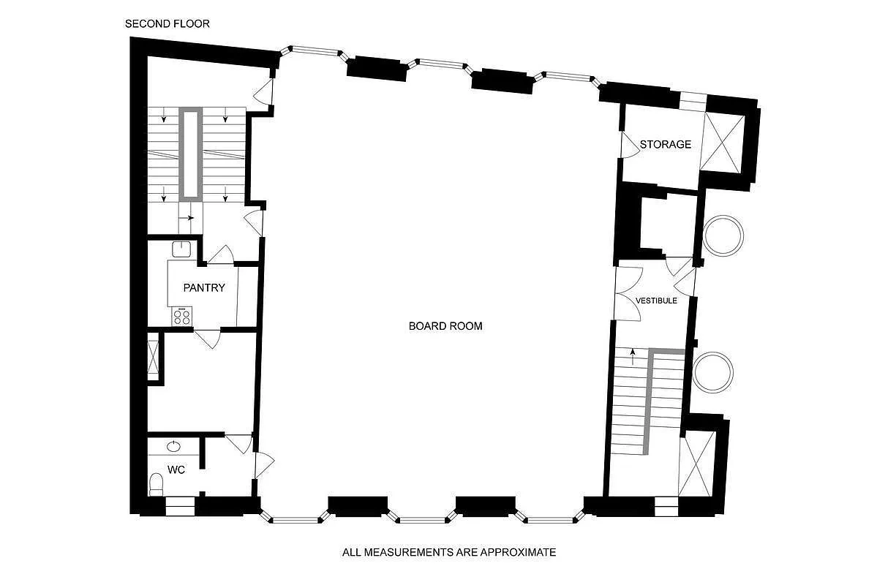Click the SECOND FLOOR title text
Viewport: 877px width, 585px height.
168,23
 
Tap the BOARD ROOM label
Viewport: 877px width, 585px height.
445,326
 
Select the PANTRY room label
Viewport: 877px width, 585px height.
204,288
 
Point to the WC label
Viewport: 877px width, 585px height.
176,470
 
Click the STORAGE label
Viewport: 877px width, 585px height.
665,144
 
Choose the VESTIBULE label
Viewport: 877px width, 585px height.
656,301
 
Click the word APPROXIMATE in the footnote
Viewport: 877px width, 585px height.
519,552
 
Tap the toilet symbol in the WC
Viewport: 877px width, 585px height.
156,483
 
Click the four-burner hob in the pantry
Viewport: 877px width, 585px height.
181,317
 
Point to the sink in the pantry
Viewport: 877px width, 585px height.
181,249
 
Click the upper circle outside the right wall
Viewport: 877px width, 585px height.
723,235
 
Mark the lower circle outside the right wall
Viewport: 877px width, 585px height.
712,371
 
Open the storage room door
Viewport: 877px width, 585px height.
628,144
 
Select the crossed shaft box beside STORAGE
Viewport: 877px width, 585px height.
722,143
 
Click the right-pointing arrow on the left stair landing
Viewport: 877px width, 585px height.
190,218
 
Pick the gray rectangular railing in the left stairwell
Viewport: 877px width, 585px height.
192,154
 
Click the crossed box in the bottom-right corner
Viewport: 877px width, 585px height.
696,464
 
